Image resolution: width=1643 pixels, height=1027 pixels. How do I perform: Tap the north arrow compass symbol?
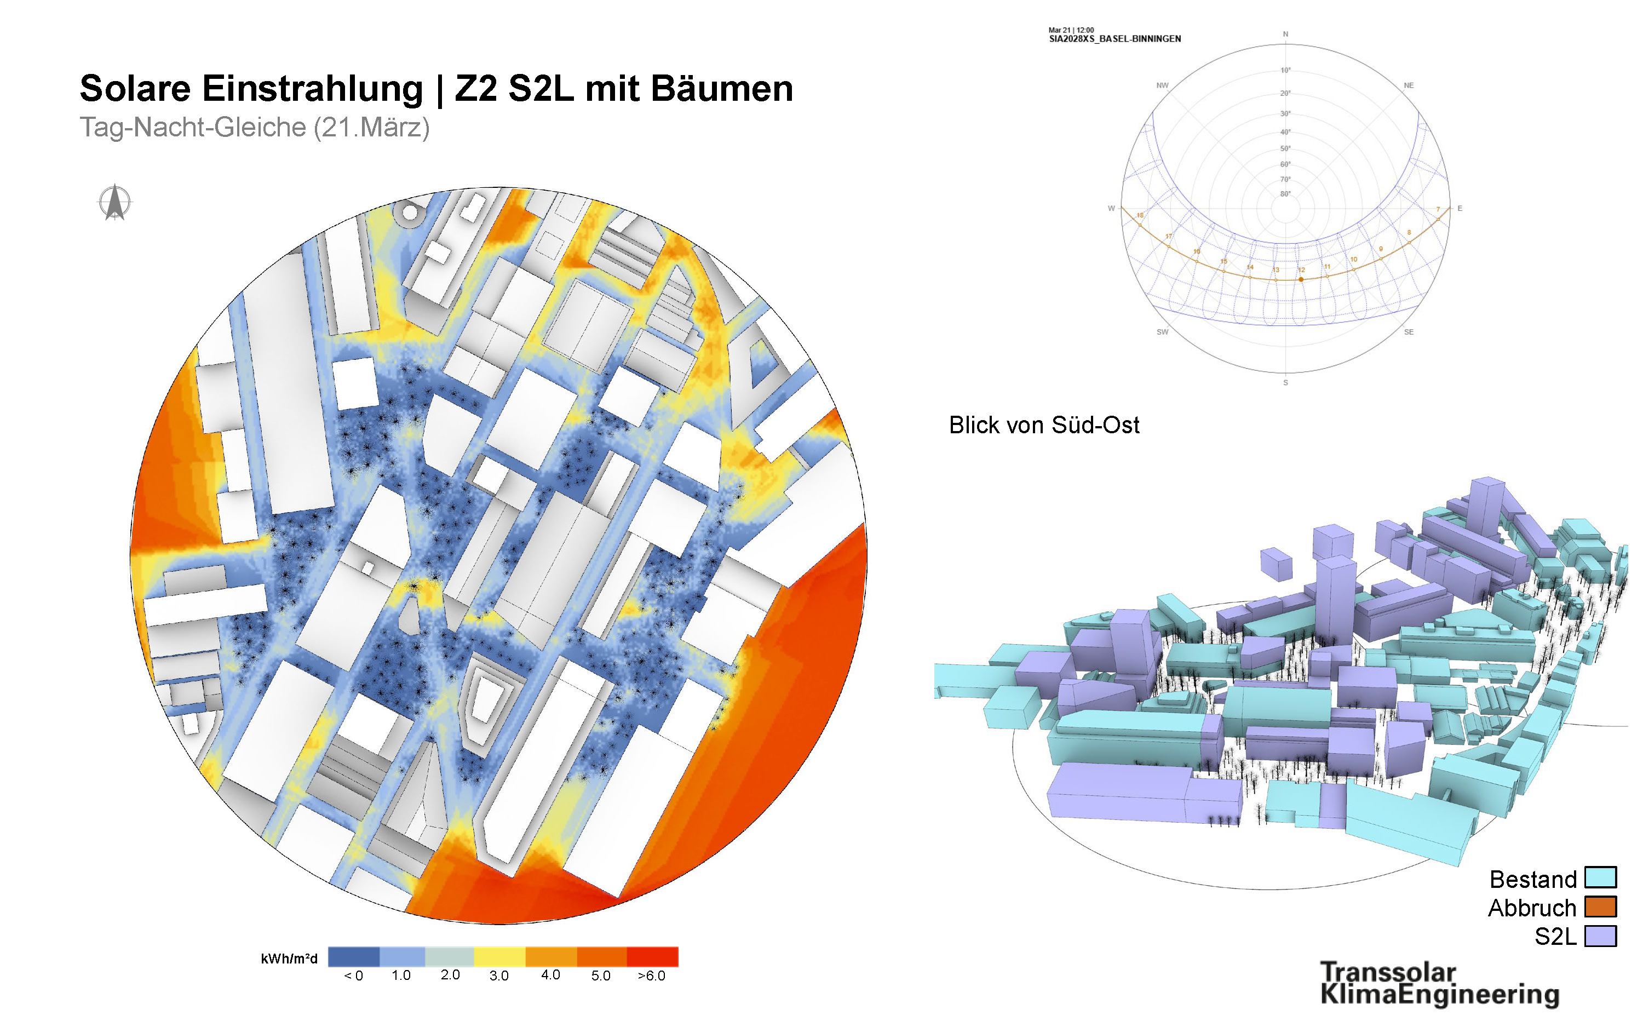pyautogui.click(x=115, y=203)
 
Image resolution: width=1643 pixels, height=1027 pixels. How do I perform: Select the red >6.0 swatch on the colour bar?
pyautogui.click(x=652, y=956)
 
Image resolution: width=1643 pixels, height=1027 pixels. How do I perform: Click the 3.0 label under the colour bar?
pyautogui.click(x=498, y=976)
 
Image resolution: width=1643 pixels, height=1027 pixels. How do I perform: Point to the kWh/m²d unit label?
pyautogui.click(x=289, y=959)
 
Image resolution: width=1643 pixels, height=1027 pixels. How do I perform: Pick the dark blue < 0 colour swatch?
pyautogui.click(x=353, y=956)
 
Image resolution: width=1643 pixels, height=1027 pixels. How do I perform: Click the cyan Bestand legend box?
pyautogui.click(x=1600, y=877)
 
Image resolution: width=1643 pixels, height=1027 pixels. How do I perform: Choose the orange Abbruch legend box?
pyautogui.click(x=1600, y=907)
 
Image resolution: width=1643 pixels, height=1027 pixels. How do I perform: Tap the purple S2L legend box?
pyautogui.click(x=1600, y=936)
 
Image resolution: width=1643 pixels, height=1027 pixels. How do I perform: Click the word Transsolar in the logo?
pyautogui.click(x=1388, y=971)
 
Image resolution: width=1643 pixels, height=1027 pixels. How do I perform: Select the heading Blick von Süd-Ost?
pyautogui.click(x=1043, y=425)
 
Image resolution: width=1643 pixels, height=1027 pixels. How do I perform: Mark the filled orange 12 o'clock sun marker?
pyautogui.click(x=1301, y=279)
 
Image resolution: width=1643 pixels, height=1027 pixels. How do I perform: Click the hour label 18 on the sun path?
pyautogui.click(x=1140, y=215)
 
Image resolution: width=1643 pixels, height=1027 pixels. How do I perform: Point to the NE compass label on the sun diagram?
pyautogui.click(x=1408, y=85)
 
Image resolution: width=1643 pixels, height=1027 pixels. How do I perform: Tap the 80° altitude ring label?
pyautogui.click(x=1285, y=194)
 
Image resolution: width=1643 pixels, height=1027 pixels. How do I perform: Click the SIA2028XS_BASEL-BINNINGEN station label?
pyautogui.click(x=1115, y=39)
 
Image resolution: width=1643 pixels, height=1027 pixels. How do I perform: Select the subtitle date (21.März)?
pyautogui.click(x=371, y=128)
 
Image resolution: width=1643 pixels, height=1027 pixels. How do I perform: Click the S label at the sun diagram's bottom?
pyautogui.click(x=1285, y=383)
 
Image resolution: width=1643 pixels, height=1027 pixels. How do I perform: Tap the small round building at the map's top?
pyautogui.click(x=410, y=213)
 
